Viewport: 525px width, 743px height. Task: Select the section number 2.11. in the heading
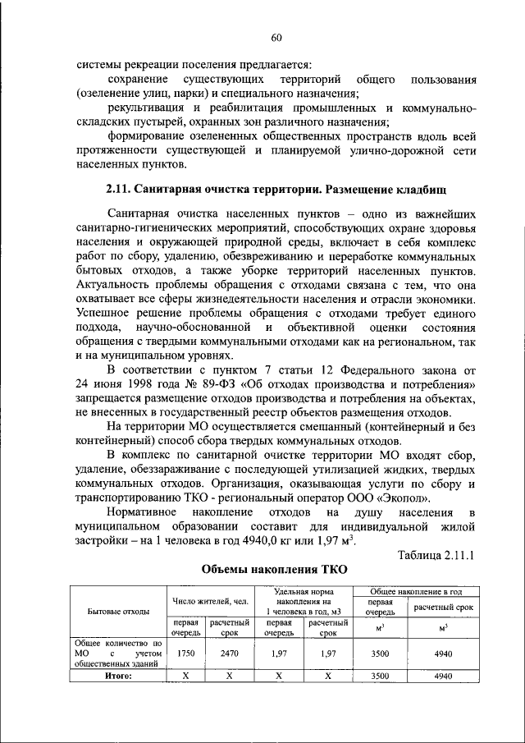pos(122,191)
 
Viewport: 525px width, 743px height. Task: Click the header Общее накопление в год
pos(413,591)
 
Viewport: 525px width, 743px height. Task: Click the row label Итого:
pos(118,676)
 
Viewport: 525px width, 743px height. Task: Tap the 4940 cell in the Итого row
pos(443,676)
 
